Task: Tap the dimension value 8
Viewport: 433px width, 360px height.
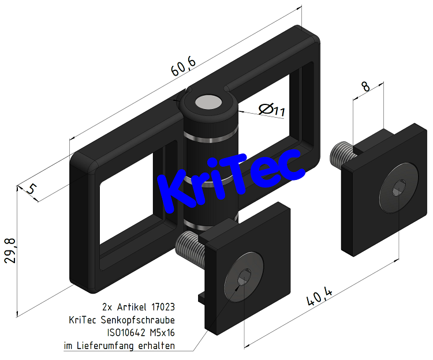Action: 365,88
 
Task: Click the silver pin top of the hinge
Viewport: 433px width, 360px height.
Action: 207,103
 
